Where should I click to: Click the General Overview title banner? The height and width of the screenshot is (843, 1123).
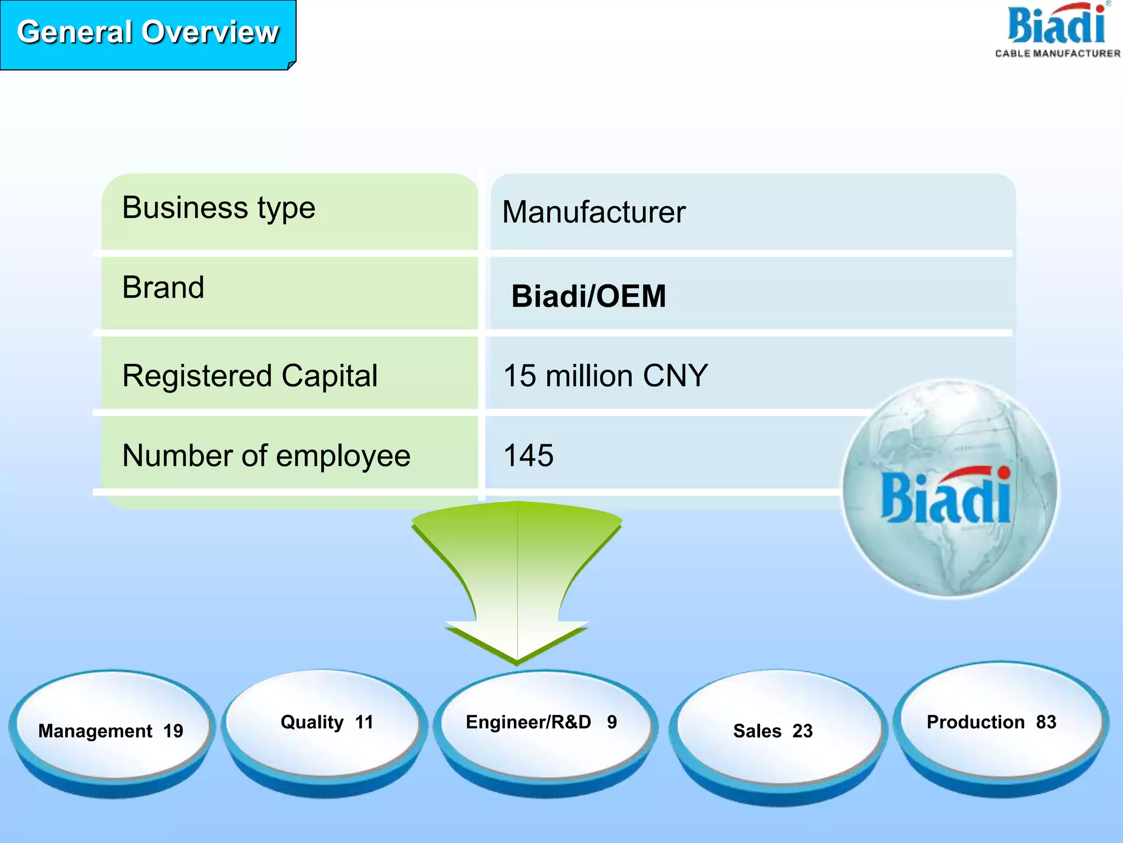coord(148,33)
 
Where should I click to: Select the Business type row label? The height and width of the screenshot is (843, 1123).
coord(219,208)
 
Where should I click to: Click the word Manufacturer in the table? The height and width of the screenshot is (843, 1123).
coord(594,212)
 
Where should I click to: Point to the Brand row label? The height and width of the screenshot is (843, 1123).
coord(163,288)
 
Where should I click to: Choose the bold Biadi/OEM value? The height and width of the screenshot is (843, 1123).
coord(588,296)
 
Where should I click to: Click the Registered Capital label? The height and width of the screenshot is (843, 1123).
coord(250,376)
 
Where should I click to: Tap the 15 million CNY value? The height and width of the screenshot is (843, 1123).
coord(605,376)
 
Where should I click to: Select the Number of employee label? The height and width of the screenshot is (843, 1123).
coord(266,456)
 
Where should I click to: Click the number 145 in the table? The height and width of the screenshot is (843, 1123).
coord(529,456)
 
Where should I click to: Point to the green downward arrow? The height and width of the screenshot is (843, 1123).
coord(517,576)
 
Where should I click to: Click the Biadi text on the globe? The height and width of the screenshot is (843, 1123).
coord(946,497)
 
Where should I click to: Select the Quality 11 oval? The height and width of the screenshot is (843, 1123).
coord(326,723)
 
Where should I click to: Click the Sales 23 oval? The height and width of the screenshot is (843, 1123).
coord(773,730)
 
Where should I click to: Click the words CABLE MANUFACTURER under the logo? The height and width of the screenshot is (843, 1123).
coord(1058,53)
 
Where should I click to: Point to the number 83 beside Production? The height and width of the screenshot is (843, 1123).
coord(1046,722)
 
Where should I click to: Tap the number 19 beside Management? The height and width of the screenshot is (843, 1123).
coord(173,731)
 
